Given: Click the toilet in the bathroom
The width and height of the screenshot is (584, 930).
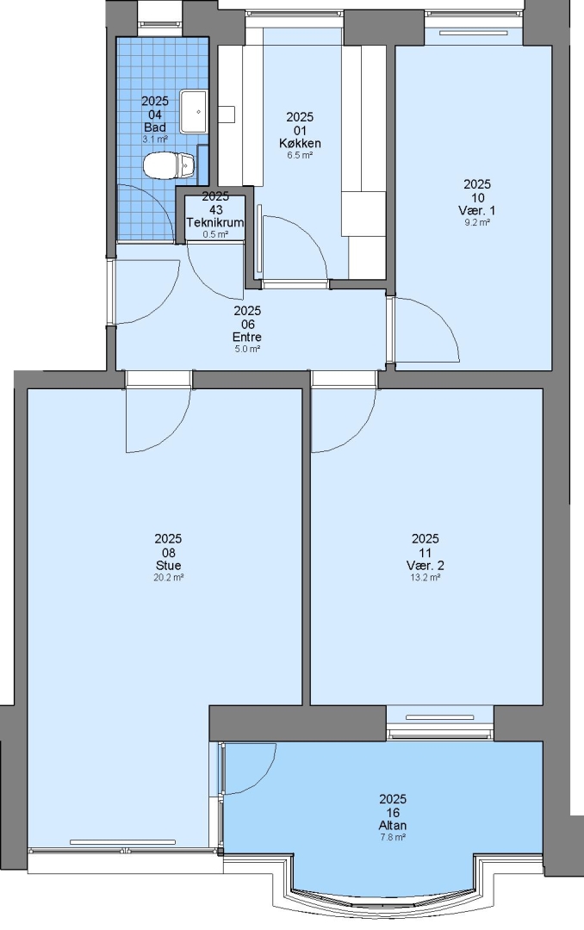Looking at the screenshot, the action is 169,165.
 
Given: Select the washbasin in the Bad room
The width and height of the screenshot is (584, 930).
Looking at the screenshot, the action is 193,111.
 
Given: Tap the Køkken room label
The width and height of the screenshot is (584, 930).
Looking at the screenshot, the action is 300,143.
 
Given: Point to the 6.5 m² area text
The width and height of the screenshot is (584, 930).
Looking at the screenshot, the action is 300,155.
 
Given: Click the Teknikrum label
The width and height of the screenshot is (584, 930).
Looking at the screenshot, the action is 215,222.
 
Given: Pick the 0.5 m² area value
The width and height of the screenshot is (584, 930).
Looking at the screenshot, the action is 215,234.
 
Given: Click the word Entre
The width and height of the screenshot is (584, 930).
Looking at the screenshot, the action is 247,337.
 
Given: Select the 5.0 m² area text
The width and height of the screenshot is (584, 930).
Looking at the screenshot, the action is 247,349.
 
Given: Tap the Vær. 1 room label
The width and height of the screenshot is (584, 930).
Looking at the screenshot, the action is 477,211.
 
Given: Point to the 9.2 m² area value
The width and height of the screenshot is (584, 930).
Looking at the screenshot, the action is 477,223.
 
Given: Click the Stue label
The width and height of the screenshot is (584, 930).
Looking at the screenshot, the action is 169,565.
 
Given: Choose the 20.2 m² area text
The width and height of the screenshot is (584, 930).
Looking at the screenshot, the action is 169,577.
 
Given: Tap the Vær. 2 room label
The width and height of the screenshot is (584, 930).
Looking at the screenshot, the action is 425,565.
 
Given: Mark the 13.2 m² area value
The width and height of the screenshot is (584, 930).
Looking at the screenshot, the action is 425,577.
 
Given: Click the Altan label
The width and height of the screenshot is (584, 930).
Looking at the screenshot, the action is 393,825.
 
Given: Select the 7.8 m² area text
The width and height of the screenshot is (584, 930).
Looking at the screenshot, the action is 393,838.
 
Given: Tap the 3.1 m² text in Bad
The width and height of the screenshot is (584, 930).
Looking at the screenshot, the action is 155,139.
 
